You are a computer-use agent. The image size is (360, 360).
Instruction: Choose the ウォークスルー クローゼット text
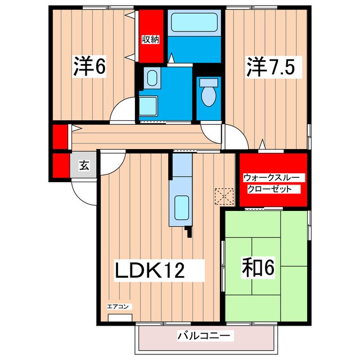[273, 183]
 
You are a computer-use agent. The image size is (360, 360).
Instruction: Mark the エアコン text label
[119, 307]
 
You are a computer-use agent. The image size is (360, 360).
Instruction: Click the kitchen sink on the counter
[181, 207]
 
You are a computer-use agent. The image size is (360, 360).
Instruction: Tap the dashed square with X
[224, 196]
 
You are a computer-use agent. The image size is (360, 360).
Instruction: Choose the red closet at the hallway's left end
[59, 136]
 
